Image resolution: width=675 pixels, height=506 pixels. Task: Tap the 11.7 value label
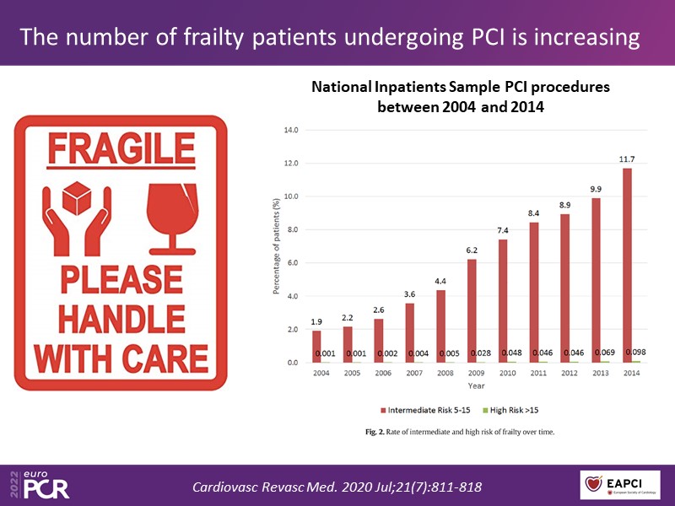[x=627, y=160]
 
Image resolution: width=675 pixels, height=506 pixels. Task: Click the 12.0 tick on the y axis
[x=290, y=163]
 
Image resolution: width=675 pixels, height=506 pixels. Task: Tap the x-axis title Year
[x=477, y=385]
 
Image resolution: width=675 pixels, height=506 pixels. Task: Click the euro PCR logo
[x=39, y=485]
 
